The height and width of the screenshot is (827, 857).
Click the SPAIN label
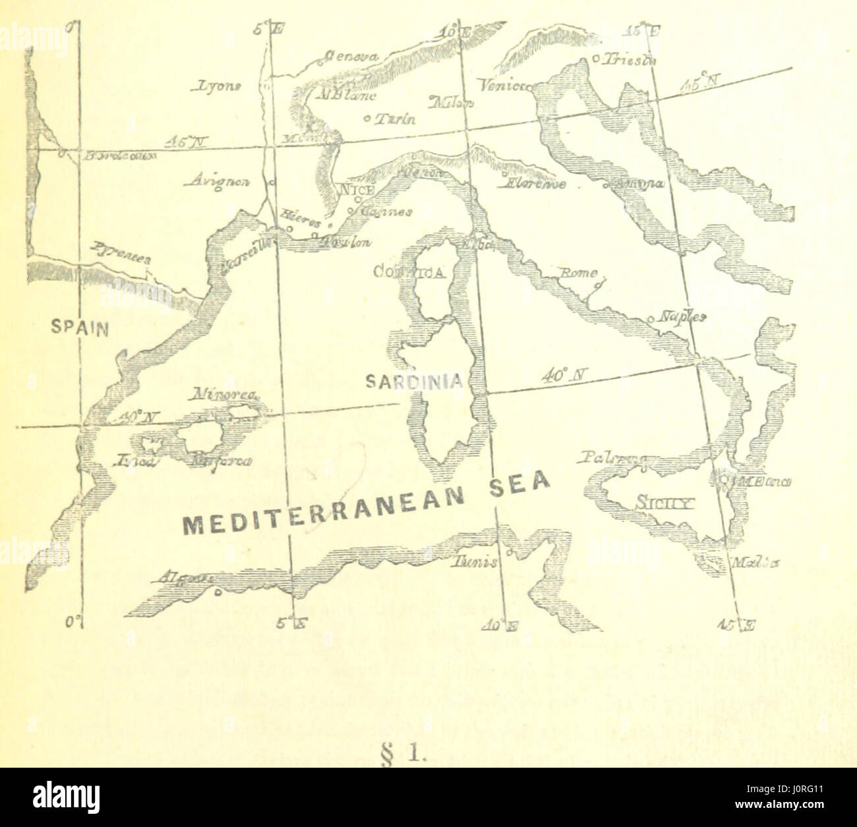(x=80, y=328)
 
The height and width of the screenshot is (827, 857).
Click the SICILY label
(x=663, y=505)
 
